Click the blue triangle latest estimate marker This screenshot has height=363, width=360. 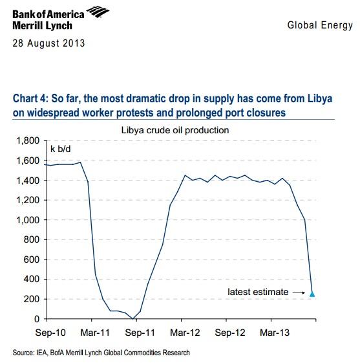(x=313, y=294)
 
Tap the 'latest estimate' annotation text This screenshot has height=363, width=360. (x=258, y=292)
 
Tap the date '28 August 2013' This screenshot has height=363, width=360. (x=48, y=44)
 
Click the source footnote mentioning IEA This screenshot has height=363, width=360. (x=101, y=353)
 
